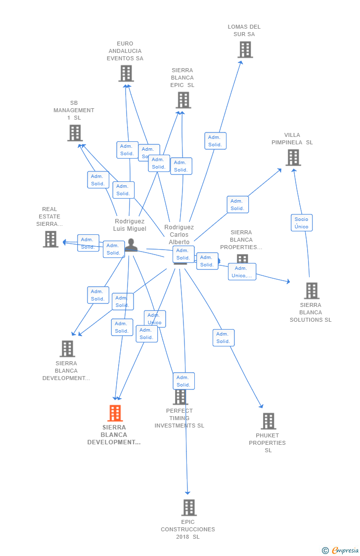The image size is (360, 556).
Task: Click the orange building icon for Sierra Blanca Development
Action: pyautogui.click(x=115, y=413)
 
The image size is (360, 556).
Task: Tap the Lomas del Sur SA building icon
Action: pyautogui.click(x=245, y=49)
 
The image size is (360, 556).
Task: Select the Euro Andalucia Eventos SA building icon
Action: pyautogui.click(x=126, y=74)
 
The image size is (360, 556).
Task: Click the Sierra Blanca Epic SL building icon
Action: pyautogui.click(x=183, y=100)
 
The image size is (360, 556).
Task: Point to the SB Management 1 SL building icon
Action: pyautogui.click(x=75, y=133)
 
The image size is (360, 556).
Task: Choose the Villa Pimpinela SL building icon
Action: pyautogui.click(x=293, y=158)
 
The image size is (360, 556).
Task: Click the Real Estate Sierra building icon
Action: pyautogui.click(x=50, y=239)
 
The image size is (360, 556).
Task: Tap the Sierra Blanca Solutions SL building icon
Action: pyautogui.click(x=312, y=291)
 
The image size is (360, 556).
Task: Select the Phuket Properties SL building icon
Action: pyautogui.click(x=268, y=422)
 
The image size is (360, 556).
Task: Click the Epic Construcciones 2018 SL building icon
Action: pyautogui.click(x=189, y=508)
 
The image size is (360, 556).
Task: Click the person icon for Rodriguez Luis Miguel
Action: pyautogui.click(x=131, y=245)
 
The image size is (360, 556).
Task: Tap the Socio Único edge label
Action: pyautogui.click(x=301, y=223)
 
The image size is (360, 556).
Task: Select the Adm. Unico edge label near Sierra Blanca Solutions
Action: pyautogui.click(x=242, y=272)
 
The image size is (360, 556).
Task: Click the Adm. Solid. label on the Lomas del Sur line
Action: pyautogui.click(x=215, y=141)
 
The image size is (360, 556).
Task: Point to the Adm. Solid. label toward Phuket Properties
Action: pyautogui.click(x=224, y=338)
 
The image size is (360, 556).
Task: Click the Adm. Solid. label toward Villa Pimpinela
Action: pyautogui.click(x=237, y=205)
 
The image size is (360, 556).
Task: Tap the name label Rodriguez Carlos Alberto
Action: pyautogui.click(x=179, y=234)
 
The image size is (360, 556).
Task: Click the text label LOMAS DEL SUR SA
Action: pyautogui.click(x=244, y=31)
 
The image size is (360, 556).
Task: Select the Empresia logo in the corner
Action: pyautogui.click(x=341, y=551)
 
